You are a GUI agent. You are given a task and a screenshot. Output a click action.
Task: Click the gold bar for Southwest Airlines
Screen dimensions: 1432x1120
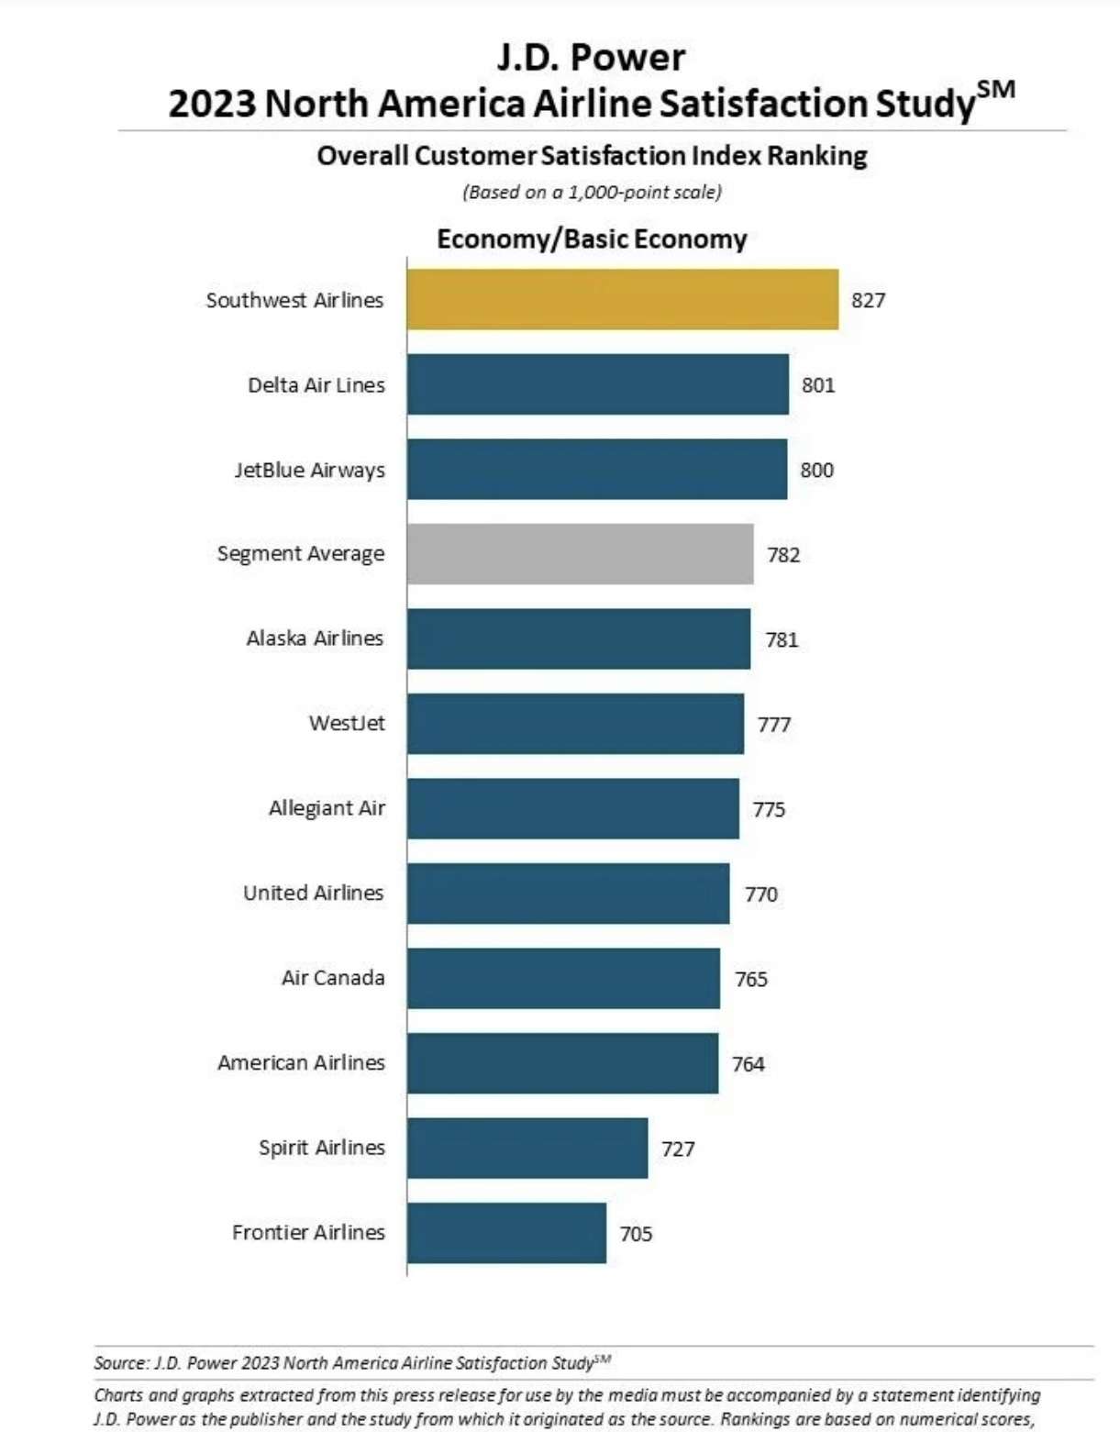(622, 299)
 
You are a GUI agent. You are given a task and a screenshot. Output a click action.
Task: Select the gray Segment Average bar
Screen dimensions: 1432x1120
(580, 554)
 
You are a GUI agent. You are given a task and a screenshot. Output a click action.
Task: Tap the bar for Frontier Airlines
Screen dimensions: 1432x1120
(506, 1233)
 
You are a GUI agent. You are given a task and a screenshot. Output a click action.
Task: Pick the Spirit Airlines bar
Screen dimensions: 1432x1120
(527, 1148)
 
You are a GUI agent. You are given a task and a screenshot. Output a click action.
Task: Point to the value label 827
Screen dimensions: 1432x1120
(868, 300)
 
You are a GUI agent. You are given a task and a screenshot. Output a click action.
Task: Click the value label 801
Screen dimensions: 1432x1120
(818, 385)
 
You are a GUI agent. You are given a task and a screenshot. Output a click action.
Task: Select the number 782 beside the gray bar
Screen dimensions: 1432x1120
(783, 555)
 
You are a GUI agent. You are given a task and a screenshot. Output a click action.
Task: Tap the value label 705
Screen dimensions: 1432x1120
(636, 1234)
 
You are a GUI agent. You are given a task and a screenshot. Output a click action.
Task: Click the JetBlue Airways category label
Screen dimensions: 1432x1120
(309, 470)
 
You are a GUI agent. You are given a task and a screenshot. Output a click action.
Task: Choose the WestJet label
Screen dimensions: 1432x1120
(347, 723)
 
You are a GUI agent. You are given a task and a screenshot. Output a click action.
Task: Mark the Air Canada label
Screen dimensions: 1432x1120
(333, 978)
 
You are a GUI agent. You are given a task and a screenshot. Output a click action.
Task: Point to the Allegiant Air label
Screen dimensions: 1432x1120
(327, 808)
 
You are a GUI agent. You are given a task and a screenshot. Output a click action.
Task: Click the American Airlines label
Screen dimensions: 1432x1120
(301, 1062)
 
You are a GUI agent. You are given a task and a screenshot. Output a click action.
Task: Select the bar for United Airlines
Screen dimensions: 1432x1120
(568, 894)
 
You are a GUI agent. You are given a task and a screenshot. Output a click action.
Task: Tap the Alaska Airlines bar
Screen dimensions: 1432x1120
(578, 638)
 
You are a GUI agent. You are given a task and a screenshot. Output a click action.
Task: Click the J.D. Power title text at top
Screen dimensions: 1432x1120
(591, 58)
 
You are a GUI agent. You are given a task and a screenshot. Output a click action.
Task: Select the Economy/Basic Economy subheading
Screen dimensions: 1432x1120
(592, 239)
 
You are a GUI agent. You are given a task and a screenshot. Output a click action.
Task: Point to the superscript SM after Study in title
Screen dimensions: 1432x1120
(996, 90)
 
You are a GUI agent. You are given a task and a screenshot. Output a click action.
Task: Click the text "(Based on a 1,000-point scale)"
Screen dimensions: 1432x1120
(592, 193)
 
